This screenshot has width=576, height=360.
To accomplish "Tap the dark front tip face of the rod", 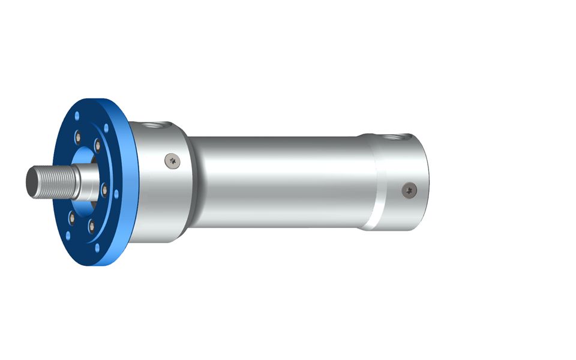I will point(29,179).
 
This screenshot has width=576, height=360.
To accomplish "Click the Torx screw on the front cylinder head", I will point(173,160).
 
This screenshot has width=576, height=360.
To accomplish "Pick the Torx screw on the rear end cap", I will point(410,189).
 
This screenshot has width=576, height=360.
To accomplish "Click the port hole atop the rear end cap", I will point(396,137).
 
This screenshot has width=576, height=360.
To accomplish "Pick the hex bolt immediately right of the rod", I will point(106,191).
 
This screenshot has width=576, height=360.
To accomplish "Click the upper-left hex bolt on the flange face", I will point(78,139).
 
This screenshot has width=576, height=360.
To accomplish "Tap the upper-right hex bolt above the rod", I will point(97,145).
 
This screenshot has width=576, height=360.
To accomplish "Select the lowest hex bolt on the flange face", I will point(92,226).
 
